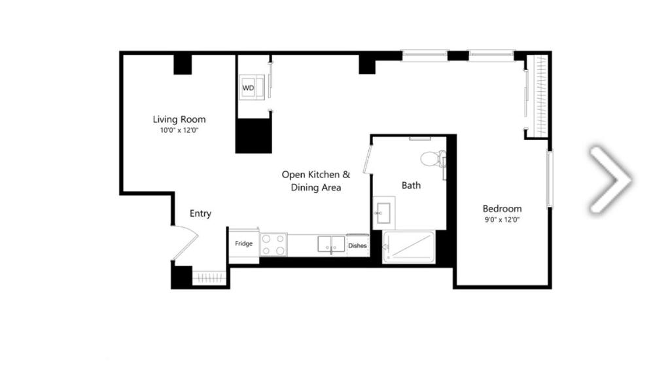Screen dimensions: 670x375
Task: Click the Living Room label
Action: pos(179,119)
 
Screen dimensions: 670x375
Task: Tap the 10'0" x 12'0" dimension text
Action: pos(179,130)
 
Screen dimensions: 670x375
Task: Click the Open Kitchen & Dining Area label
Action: pos(316,181)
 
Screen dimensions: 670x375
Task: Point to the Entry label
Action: pos(200,213)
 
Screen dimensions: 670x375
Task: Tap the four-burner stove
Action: pos(273,245)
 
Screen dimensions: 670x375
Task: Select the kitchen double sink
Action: pos(331,244)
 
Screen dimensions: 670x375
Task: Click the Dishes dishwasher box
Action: pos(358,245)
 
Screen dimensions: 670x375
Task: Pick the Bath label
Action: pos(411,185)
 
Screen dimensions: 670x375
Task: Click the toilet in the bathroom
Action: pos(433,158)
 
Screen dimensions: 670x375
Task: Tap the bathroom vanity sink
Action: pos(383,213)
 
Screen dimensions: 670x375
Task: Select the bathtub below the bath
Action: pos(408,247)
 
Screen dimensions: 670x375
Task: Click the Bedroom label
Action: pos(502,209)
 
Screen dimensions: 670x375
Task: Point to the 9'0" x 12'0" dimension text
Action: pos(502,220)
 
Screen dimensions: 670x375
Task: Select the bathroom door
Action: pos(367,159)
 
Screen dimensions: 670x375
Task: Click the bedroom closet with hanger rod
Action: pos(538,96)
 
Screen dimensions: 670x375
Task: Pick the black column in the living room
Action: pos(183,64)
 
